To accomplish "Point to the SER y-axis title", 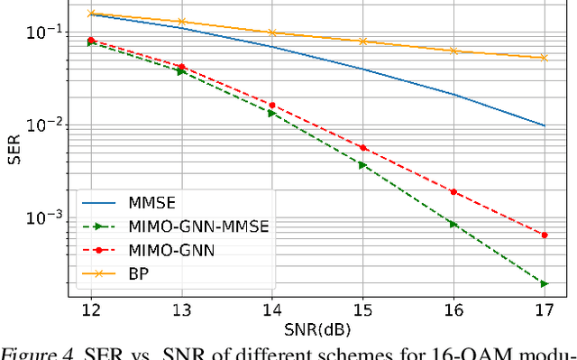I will [x=14, y=150].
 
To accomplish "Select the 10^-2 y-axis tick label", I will [x=41, y=125].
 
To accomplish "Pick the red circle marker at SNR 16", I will [x=453, y=191].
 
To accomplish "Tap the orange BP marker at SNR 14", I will [x=272, y=32].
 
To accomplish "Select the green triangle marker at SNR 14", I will [x=272, y=113].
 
